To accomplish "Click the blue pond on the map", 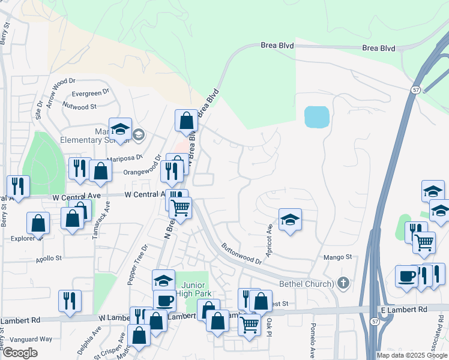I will [317, 117].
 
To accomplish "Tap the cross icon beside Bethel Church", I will [343, 283].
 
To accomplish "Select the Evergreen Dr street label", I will [90, 93].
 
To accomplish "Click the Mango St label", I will [338, 257].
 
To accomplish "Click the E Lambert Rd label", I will [403, 309].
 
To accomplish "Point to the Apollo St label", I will [49, 258].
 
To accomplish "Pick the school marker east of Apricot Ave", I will [290, 220].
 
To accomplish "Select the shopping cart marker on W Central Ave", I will [180, 208].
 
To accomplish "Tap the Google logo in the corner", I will [20, 353].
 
